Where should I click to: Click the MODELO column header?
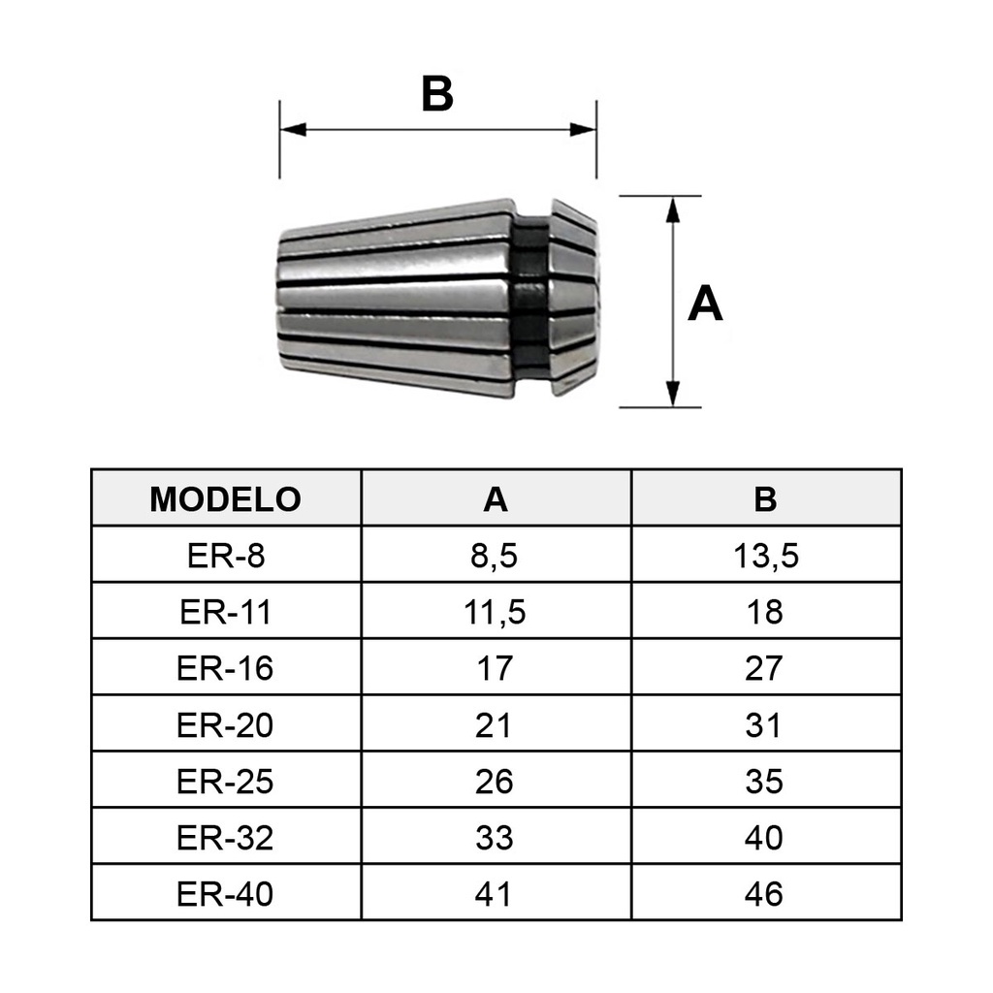tap(225, 499)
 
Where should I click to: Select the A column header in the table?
tap(496, 499)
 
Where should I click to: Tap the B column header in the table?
tap(765, 499)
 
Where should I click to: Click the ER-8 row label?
tap(225, 556)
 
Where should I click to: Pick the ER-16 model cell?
tap(225, 668)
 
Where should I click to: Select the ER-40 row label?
tap(225, 893)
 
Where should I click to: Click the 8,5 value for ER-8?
tap(494, 556)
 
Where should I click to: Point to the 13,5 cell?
tap(766, 556)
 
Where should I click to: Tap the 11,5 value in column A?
tap(495, 613)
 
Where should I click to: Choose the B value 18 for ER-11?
tap(764, 613)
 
